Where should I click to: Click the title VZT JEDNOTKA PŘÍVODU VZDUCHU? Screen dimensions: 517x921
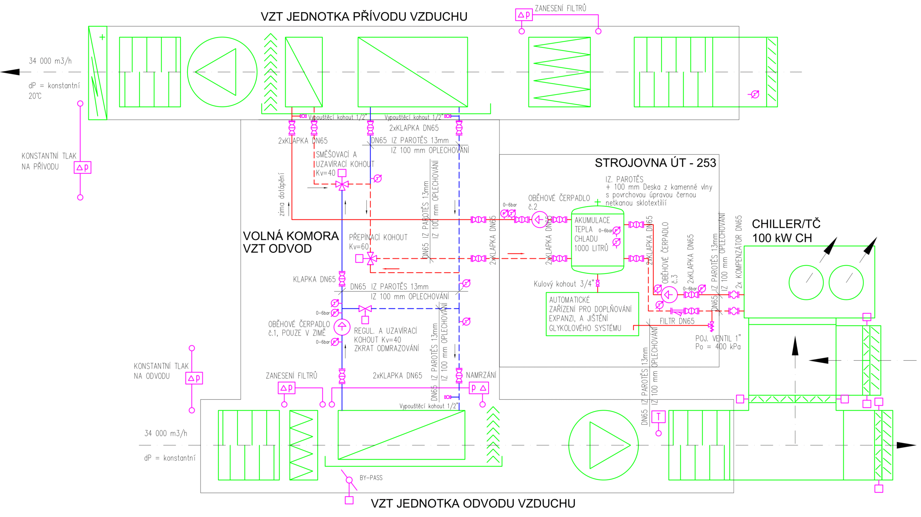point(364,17)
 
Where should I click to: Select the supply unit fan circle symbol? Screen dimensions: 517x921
point(222,72)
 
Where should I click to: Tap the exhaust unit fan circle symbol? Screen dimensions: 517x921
point(603,445)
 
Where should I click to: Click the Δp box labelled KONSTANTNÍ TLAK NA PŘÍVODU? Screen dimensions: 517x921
point(82,167)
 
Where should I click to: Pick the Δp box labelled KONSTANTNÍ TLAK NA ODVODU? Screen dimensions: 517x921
point(194,378)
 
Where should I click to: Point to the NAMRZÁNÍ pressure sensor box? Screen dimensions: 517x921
point(478,388)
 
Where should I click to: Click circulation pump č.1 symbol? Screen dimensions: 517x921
point(342,327)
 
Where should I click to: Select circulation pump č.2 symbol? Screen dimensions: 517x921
point(539,219)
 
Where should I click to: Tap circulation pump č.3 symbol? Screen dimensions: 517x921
point(669,295)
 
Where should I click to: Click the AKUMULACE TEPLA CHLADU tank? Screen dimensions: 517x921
point(597,239)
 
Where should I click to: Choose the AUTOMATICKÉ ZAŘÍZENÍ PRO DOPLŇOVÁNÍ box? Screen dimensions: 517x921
point(592,314)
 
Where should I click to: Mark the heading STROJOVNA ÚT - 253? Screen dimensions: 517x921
point(655,163)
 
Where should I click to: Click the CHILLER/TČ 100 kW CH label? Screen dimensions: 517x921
point(786,231)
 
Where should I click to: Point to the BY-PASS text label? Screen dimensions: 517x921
point(371,478)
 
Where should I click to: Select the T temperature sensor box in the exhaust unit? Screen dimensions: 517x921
point(658,417)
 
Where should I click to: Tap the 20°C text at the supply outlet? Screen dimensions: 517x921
point(35,96)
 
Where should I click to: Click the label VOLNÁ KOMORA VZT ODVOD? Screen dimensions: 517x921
point(291,242)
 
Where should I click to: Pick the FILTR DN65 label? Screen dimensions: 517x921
point(677,321)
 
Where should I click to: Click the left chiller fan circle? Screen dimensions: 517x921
point(806,283)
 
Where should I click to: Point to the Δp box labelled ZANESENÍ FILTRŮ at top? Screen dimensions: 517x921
point(523,15)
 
